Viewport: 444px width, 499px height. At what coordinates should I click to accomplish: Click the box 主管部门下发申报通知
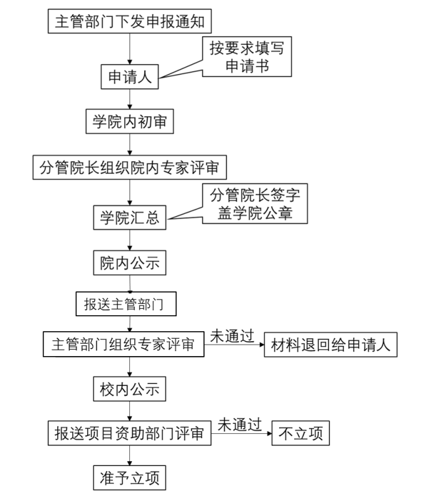[x=129, y=23]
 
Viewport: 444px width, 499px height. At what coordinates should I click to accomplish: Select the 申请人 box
[x=129, y=78]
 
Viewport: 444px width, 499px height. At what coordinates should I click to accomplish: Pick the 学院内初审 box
[x=129, y=122]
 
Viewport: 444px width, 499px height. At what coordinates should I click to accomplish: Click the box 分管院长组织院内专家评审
[x=129, y=167]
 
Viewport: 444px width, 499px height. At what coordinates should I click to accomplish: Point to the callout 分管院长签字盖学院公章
[x=254, y=204]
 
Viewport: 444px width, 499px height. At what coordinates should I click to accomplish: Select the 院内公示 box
[x=129, y=263]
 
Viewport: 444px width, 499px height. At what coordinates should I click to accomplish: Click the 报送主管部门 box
[x=126, y=304]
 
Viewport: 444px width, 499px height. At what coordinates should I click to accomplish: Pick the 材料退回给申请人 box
[x=330, y=345]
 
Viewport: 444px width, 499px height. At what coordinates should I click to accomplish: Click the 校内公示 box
[x=129, y=390]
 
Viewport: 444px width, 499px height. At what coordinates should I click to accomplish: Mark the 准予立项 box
[x=129, y=478]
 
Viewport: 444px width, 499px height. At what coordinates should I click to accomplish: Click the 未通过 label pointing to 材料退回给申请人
[x=233, y=335]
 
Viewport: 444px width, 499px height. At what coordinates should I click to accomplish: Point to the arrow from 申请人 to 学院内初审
[x=129, y=99]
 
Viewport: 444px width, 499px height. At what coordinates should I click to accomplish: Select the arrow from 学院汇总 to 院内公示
[x=129, y=240]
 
